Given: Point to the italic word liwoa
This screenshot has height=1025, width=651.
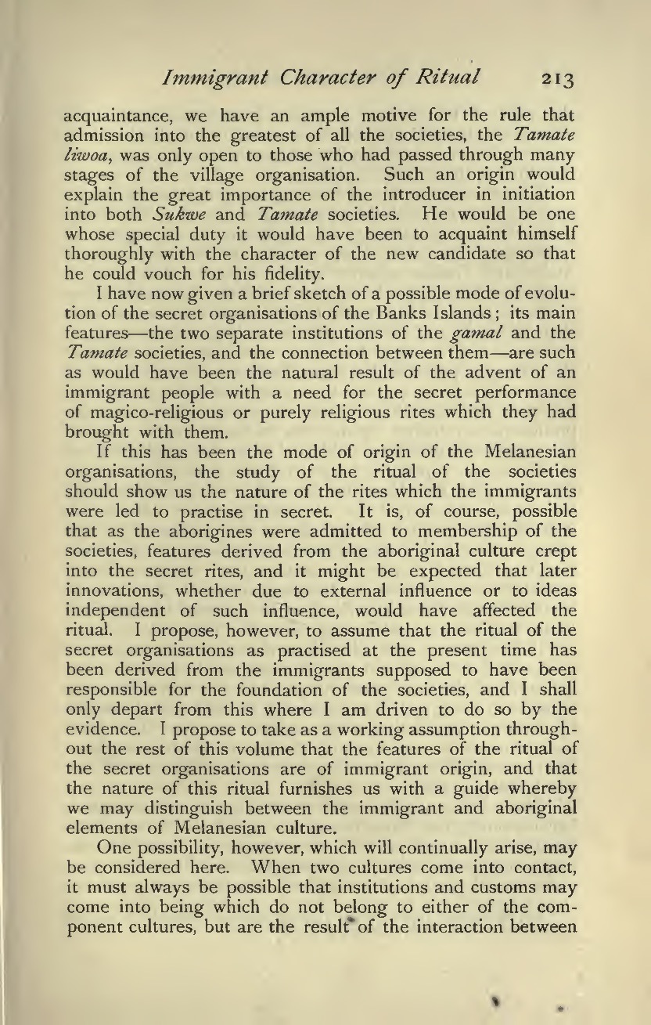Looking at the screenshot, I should tap(80, 152).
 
